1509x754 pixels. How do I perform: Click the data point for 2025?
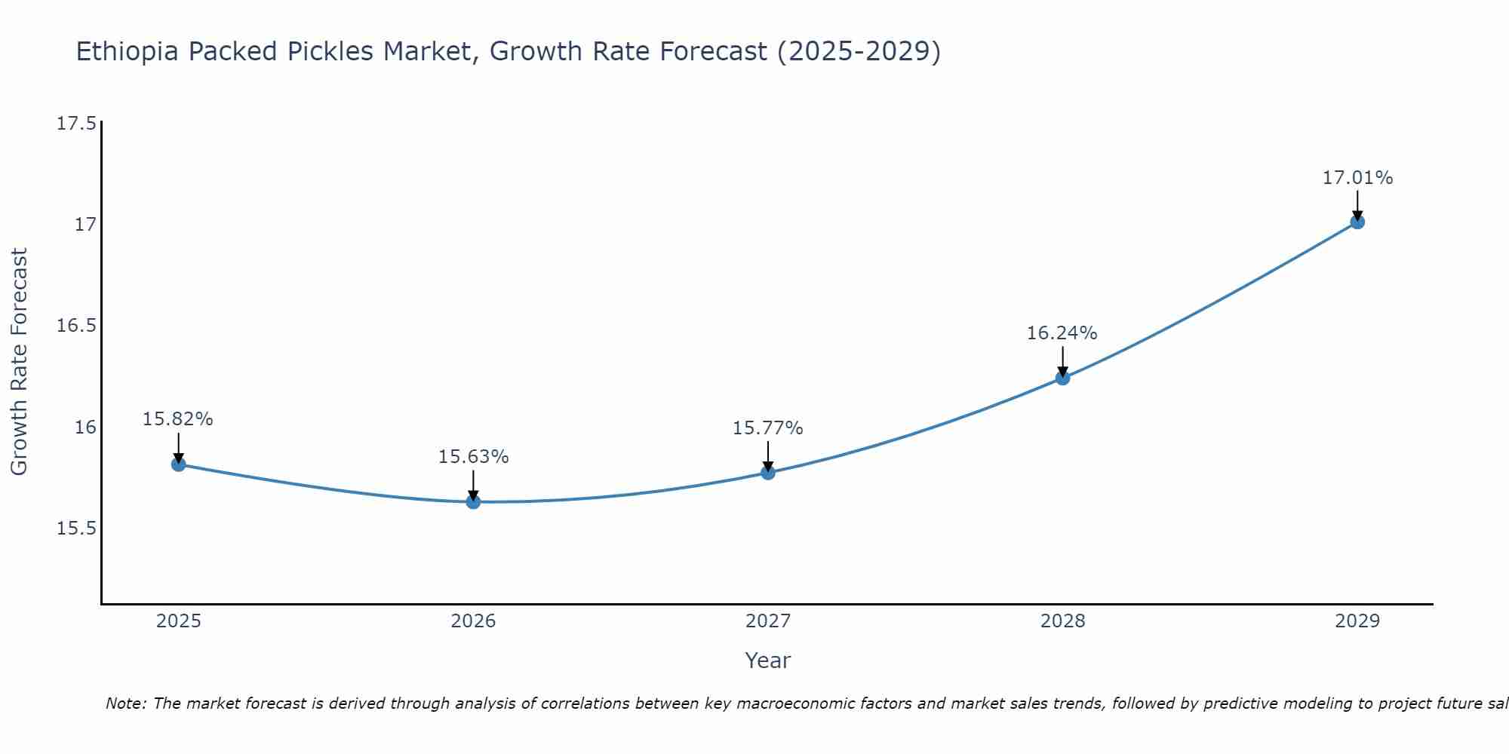coord(179,464)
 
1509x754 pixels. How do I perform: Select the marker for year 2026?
coord(473,502)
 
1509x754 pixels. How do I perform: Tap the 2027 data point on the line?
coord(768,473)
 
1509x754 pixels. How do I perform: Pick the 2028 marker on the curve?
coord(1062,378)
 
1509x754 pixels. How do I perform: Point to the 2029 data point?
coord(1357,222)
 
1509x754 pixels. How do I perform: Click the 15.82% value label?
coord(178,419)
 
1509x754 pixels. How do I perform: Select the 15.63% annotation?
coord(473,457)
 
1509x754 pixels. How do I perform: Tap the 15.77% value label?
coord(767,428)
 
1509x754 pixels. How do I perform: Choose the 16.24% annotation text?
coord(1062,333)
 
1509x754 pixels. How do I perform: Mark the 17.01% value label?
coord(1357,178)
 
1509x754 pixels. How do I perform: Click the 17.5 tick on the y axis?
coord(77,124)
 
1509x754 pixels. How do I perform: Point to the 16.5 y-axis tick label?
coord(77,326)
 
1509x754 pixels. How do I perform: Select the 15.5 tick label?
coord(77,529)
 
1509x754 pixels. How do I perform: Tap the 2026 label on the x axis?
coord(473,621)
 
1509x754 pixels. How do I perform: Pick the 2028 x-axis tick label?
coord(1062,621)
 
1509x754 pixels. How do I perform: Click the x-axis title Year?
coord(767,661)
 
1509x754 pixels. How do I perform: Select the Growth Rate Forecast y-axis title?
coord(19,362)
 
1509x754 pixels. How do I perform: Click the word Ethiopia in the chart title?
coord(128,52)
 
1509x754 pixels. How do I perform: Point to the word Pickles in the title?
coord(331,52)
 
